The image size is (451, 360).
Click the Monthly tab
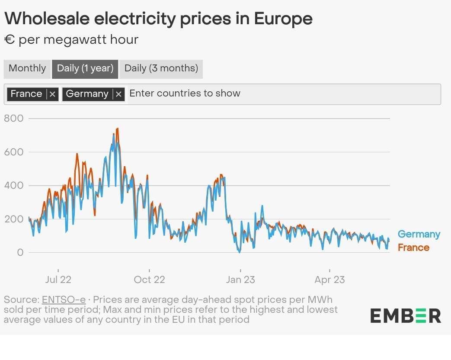pos(27,68)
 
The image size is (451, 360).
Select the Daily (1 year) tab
pos(85,68)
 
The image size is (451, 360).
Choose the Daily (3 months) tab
pos(161,68)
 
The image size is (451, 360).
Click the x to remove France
pos(52,94)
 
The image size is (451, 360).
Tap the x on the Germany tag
pos(119,94)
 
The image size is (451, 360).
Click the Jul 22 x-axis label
pos(58,280)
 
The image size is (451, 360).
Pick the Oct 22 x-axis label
pos(149,280)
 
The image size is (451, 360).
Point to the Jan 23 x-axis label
pos(240,280)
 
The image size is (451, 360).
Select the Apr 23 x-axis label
pos(330,280)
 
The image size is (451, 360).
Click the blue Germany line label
pos(419,234)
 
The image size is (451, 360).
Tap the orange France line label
pos(413,247)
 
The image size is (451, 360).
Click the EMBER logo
pos(406,315)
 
